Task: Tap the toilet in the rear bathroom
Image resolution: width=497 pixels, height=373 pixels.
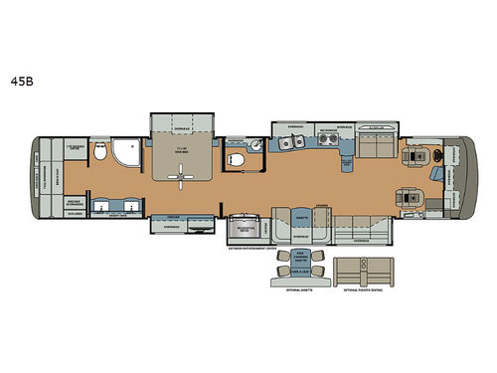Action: [x=100, y=151]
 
